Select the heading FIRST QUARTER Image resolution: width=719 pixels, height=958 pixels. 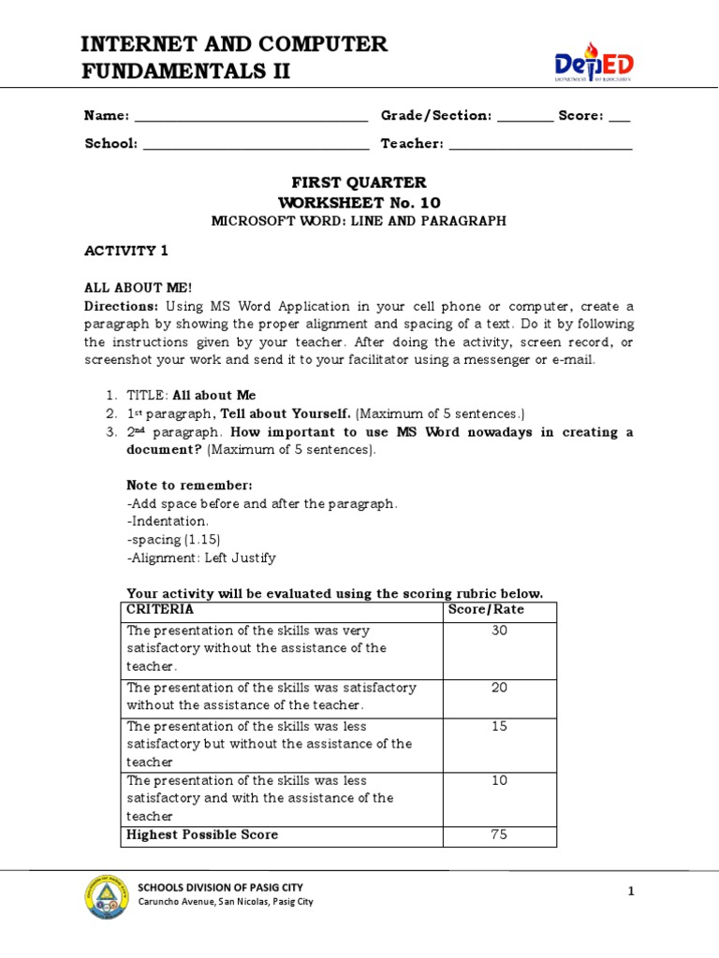pos(359,182)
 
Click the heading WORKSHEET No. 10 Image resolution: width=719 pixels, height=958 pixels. pos(359,202)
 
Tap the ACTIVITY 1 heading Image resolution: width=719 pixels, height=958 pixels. pos(126,251)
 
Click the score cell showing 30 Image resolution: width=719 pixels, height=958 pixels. pos(499,631)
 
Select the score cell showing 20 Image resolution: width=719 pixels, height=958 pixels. pos(499,688)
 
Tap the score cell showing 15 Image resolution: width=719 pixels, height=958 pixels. pos(499,726)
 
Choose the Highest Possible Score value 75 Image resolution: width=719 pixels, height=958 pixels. pos(499,835)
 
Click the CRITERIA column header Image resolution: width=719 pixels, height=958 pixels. pos(160,610)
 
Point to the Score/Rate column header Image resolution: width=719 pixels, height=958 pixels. pos(487,610)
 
